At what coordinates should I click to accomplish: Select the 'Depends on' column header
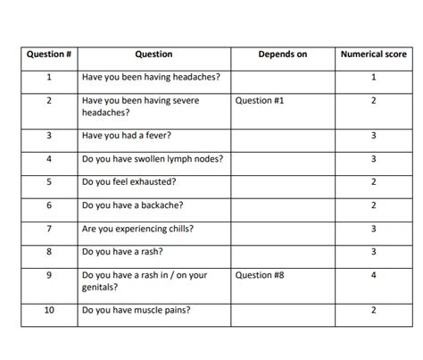point(282,54)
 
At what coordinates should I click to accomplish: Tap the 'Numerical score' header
point(373,54)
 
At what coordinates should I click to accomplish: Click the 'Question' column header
point(153,54)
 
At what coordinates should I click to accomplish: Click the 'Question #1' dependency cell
point(260,101)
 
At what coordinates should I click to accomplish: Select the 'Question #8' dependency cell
point(260,275)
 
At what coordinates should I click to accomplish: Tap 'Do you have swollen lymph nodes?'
point(152,159)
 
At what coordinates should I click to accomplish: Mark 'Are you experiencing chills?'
point(137,229)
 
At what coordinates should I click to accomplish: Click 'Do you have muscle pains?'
point(136,310)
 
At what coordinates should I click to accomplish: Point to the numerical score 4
point(373,275)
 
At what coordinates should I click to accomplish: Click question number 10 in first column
point(49,310)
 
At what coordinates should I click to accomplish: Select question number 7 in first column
point(49,229)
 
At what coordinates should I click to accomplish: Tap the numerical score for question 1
point(373,78)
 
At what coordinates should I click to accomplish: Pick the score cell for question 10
point(373,310)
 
